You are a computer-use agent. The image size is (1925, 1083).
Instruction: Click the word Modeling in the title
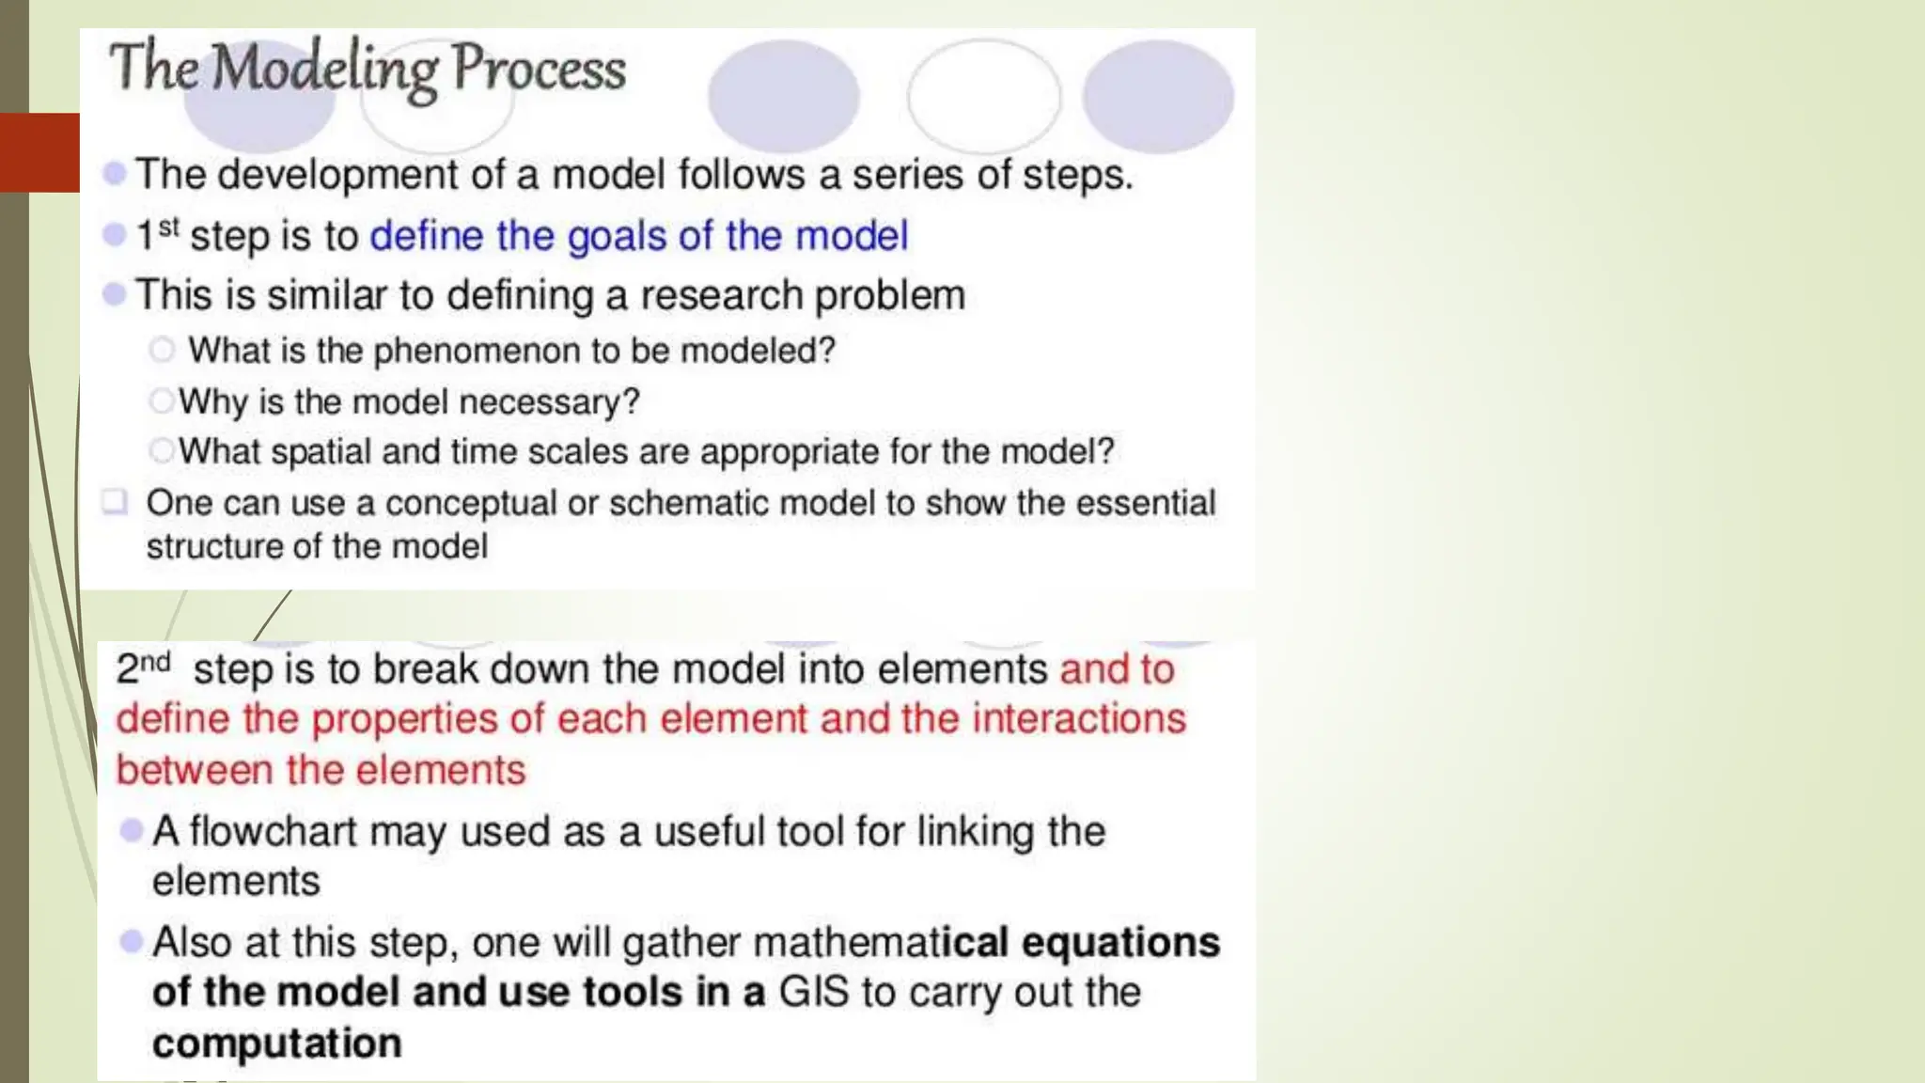click(324, 69)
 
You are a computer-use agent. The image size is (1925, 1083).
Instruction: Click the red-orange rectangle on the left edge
click(39, 152)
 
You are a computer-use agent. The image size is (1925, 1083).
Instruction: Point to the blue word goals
click(617, 236)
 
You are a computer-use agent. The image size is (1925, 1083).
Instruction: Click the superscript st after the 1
click(168, 227)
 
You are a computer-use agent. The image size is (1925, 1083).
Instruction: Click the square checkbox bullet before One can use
click(115, 501)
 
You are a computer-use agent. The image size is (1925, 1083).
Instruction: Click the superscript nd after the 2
click(156, 662)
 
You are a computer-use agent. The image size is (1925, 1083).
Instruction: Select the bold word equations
click(1120, 942)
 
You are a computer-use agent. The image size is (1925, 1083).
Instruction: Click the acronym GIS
click(813, 993)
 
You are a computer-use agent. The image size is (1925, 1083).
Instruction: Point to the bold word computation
click(276, 1044)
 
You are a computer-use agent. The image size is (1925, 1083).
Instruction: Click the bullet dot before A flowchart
click(132, 830)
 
